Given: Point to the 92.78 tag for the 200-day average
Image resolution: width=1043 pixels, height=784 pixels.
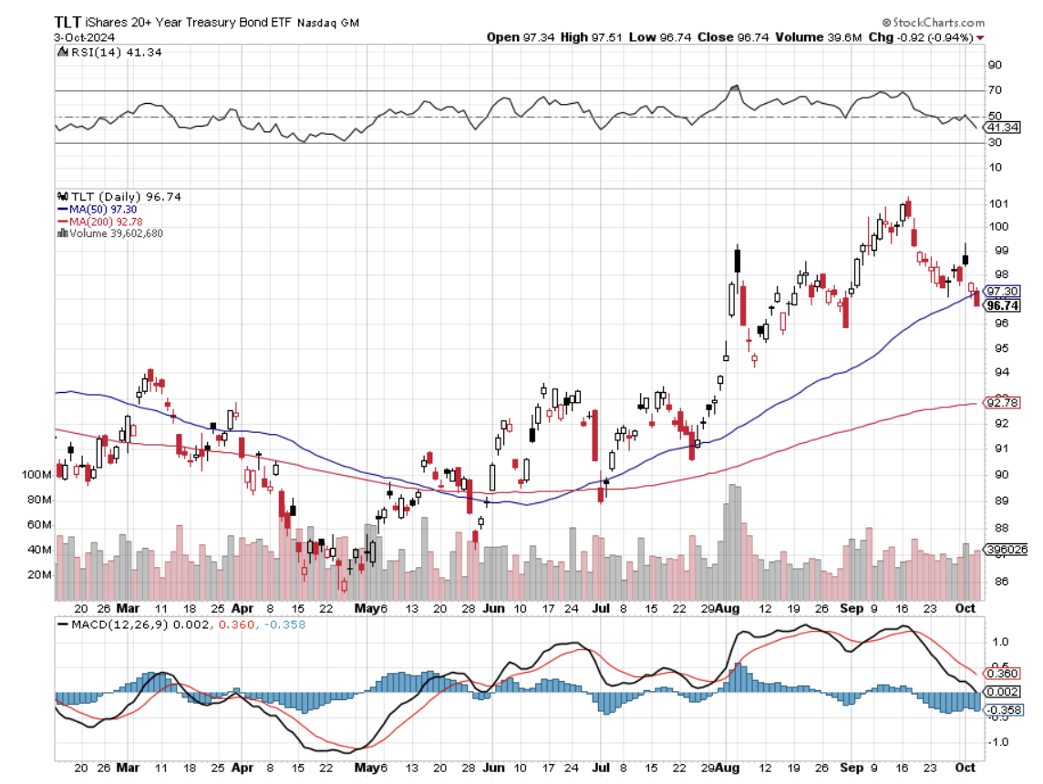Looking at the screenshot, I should (x=1001, y=403).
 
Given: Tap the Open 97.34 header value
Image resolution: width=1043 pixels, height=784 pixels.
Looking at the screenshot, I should (x=517, y=37).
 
